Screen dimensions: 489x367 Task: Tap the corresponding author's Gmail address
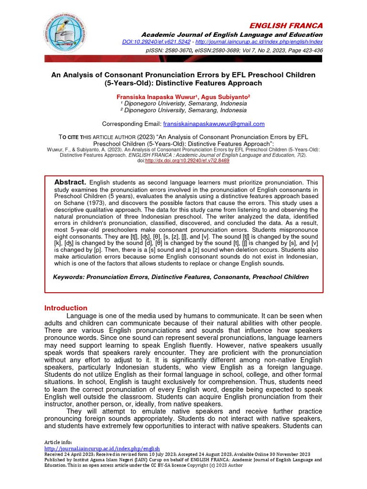pyautogui.click(x=214, y=124)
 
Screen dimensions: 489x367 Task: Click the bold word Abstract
pyautogui.click(x=70, y=182)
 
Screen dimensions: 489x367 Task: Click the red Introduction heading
pyautogui.click(x=66, y=308)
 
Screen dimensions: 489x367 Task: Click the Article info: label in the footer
pyautogui.click(x=58, y=442)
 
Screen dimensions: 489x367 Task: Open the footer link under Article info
pyautogui.click(x=102, y=448)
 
